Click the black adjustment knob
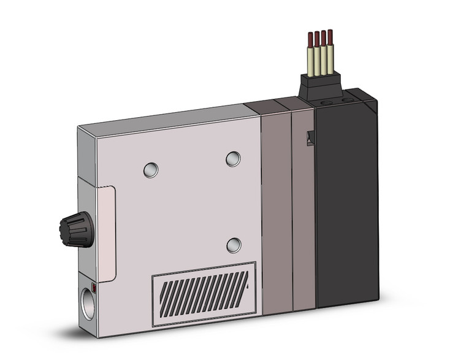click(x=75, y=228)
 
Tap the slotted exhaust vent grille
click(x=203, y=291)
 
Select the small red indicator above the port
click(x=94, y=286)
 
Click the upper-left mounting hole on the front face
click(x=151, y=170)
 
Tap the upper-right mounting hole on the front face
click(x=233, y=159)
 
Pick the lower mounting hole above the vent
click(x=234, y=245)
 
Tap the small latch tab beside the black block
click(x=310, y=138)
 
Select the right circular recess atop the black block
click(x=347, y=99)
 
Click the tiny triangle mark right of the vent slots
click(x=246, y=286)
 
